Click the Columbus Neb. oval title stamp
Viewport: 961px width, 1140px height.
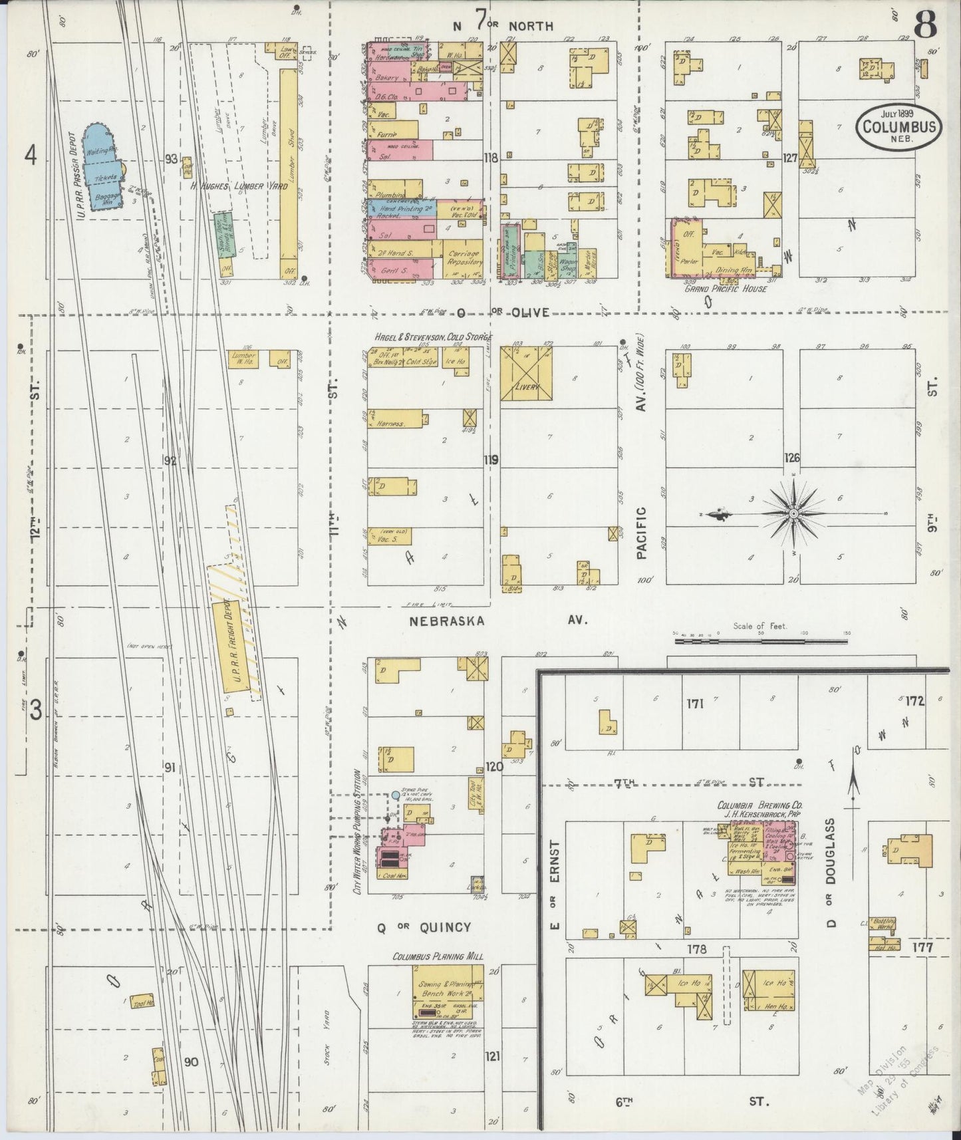[x=898, y=126]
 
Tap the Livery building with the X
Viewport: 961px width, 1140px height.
[x=526, y=372]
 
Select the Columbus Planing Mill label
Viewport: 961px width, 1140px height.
[x=437, y=956]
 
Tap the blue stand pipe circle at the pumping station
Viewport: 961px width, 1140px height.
[x=396, y=795]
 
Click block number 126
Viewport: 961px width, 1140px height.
[x=791, y=458]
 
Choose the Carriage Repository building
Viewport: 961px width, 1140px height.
[x=465, y=259]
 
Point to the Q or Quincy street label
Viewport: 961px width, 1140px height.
[x=424, y=927]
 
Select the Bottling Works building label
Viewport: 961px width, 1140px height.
[x=885, y=924]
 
